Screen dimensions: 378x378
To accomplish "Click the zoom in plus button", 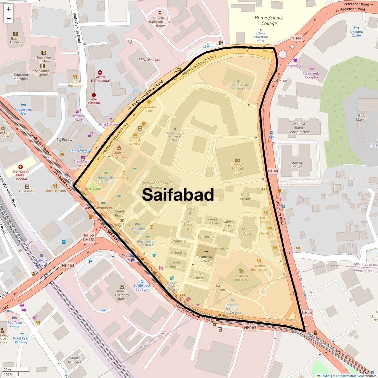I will coord(9,9).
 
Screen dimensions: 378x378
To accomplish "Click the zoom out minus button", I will coord(9,19).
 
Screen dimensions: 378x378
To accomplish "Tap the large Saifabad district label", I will coord(178,195).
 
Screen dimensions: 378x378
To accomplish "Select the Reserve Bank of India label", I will coord(237,169).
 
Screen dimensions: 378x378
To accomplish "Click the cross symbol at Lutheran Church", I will coord(206,252).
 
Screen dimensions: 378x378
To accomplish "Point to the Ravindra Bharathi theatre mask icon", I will coord(241,271).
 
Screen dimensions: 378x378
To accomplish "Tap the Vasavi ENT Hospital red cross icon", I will coord(100,72).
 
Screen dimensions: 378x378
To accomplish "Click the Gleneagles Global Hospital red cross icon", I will coord(21,167).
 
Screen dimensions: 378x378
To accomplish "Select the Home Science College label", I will coord(269,20).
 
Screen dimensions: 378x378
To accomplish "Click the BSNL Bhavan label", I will coord(149,60).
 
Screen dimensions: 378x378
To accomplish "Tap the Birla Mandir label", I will coord(362,117).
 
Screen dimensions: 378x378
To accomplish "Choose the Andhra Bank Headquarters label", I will coord(299,128).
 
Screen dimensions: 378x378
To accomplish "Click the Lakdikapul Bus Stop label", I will coord(142,287).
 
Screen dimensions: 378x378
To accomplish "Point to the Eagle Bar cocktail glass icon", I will coord(124,173).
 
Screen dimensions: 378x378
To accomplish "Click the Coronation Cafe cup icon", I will coord(149,102).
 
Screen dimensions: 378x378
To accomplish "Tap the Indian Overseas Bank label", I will coord(122,295).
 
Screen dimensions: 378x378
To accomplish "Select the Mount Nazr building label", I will coord(247,231).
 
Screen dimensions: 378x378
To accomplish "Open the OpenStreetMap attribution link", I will coord(347,376).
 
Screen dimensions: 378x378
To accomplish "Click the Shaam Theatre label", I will coord(15,40).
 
